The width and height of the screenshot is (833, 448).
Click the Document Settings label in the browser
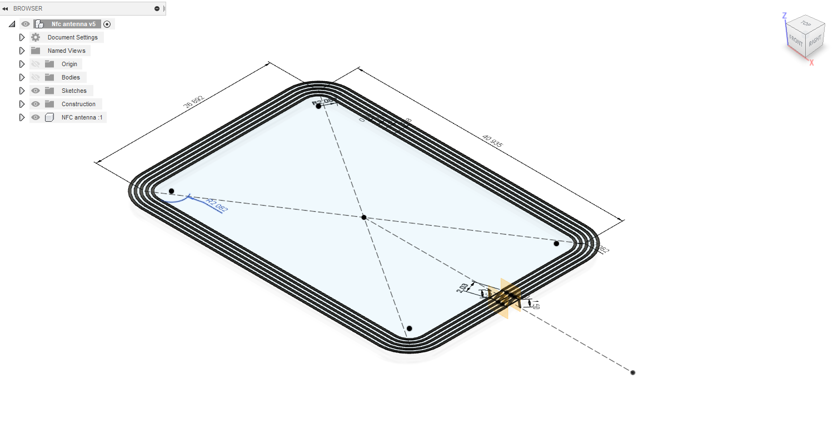click(72, 37)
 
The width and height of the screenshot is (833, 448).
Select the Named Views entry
click(66, 51)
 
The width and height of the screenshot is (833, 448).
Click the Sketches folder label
click(74, 91)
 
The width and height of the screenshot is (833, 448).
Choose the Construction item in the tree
click(78, 104)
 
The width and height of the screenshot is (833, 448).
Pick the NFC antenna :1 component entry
click(82, 117)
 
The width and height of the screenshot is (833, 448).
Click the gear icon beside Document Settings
click(36, 37)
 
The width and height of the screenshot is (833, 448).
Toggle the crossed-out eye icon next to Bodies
click(36, 77)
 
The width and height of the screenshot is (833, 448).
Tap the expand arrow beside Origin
click(22, 64)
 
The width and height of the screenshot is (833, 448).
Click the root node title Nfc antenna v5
click(73, 24)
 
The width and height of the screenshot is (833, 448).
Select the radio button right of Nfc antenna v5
click(107, 24)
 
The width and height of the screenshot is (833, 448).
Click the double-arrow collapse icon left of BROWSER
click(5, 8)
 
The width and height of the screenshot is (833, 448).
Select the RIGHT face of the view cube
click(815, 41)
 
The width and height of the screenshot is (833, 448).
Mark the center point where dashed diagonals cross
click(364, 217)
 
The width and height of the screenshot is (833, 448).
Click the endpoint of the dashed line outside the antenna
click(633, 372)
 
